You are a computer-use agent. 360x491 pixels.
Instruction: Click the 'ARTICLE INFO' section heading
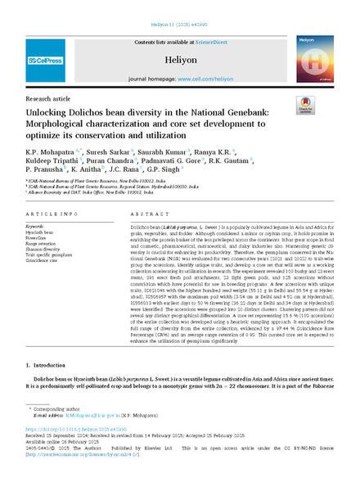click(x=50, y=212)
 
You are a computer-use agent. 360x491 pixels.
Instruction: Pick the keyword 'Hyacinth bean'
click(x=43, y=230)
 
